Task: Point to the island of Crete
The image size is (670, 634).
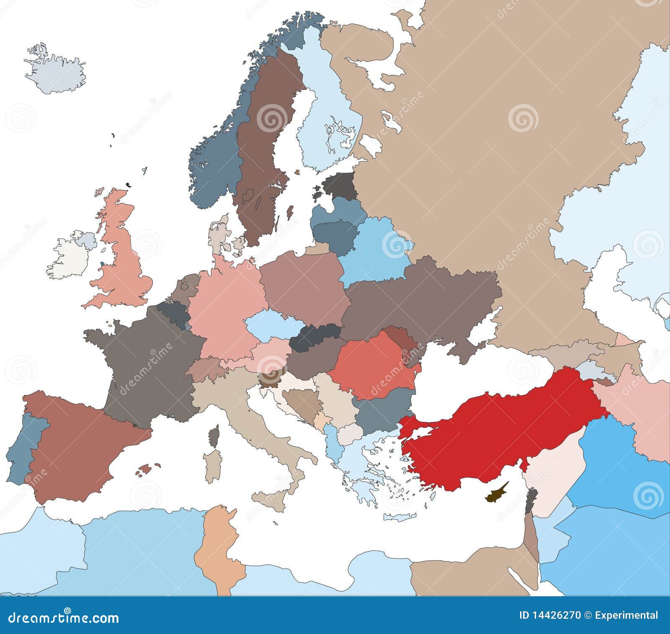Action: point(400,517)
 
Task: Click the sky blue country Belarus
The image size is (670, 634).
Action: point(373,251)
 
